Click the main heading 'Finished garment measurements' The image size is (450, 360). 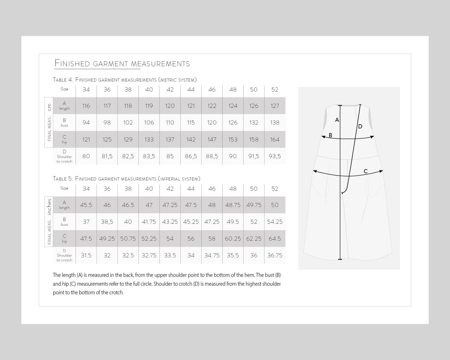point(122,64)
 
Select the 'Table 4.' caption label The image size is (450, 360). point(63,80)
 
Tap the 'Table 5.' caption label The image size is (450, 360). point(63,178)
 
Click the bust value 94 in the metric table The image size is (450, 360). point(86,123)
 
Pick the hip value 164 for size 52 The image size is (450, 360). point(274,139)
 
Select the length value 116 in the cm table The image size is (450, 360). point(86,106)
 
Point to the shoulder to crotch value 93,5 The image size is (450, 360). point(274,156)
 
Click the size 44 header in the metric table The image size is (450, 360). point(191,90)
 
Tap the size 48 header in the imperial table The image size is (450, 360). point(233,189)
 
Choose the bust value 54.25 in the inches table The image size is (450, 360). point(274,222)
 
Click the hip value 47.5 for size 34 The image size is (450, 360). point(86,239)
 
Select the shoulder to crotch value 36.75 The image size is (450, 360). point(274,255)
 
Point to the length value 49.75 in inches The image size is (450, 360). point(254,205)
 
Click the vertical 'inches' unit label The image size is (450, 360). point(49,207)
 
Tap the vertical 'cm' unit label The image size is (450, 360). point(49,107)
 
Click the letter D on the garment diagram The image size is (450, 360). point(360,127)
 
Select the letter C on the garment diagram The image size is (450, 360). point(365,171)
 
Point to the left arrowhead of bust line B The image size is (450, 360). point(323,137)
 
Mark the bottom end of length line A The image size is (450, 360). point(340,259)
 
